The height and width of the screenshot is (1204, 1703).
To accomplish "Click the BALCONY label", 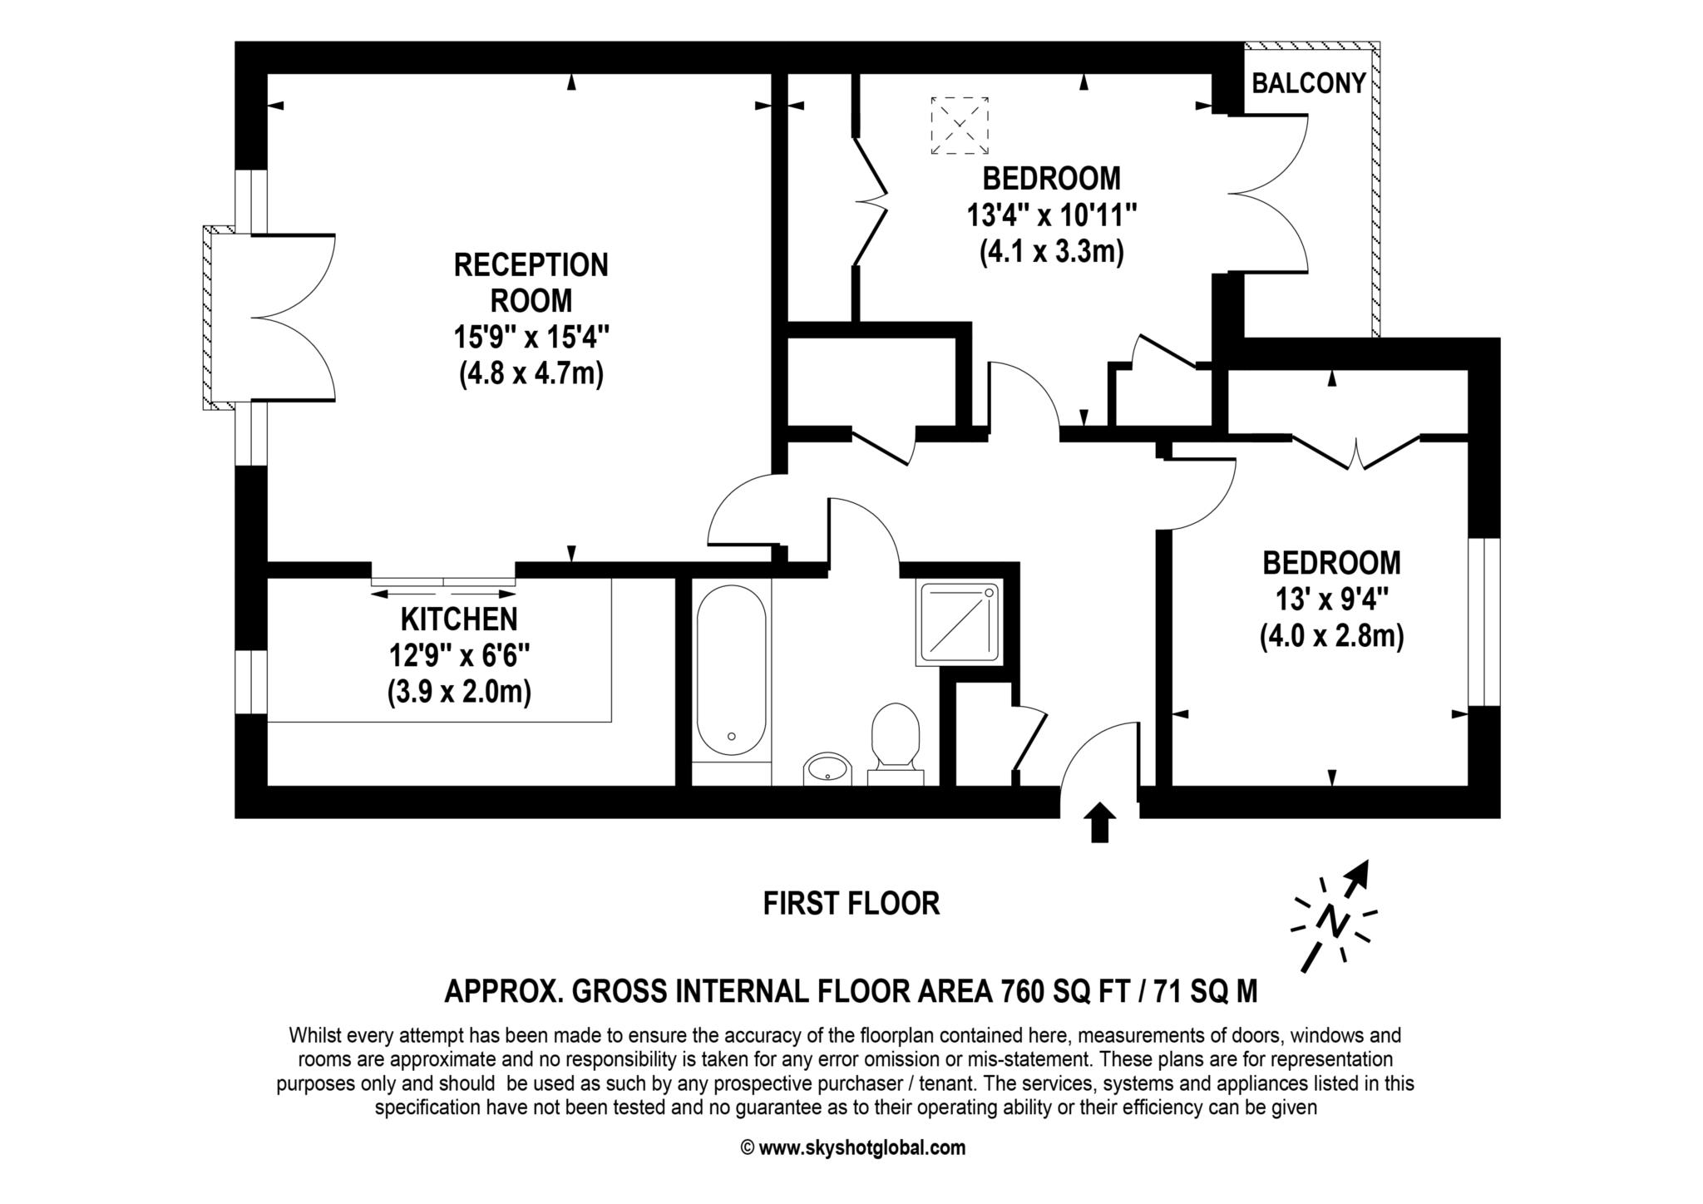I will pyautogui.click(x=1309, y=83).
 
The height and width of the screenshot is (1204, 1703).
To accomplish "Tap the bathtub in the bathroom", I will pyautogui.click(x=731, y=670).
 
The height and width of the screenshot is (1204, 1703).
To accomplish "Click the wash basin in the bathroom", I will pyautogui.click(x=827, y=768).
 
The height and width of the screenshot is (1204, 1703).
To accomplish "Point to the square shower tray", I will pyautogui.click(x=958, y=624).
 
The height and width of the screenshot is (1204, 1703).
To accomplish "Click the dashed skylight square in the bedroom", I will pyautogui.click(x=960, y=126).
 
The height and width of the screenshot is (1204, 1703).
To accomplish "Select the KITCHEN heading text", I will pyautogui.click(x=458, y=619).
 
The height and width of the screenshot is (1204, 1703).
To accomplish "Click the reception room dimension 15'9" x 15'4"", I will pyautogui.click(x=531, y=338).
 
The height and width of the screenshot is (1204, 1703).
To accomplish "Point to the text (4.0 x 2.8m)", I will pyautogui.click(x=1331, y=637).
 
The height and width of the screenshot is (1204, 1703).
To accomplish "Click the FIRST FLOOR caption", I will pyautogui.click(x=851, y=903).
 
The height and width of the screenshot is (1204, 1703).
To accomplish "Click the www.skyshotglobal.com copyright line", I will pyautogui.click(x=852, y=1148).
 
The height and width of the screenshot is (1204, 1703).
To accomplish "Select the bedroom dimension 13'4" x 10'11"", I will pyautogui.click(x=1051, y=215).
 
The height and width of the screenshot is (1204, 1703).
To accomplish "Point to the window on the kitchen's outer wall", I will pyautogui.click(x=251, y=682).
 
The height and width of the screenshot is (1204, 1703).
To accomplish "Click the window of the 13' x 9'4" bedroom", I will pyautogui.click(x=1484, y=622).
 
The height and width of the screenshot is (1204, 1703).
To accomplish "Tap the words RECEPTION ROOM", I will pyautogui.click(x=531, y=282).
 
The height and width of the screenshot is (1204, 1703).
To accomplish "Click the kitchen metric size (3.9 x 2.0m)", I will pyautogui.click(x=459, y=692).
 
